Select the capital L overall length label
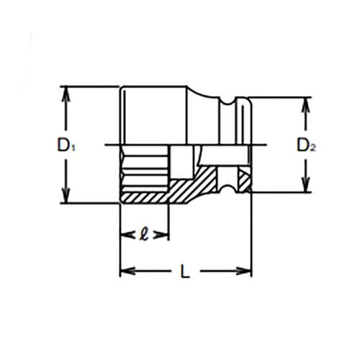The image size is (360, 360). (184, 271)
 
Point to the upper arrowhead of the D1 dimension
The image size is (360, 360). (67, 92)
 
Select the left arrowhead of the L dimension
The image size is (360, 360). (125, 271)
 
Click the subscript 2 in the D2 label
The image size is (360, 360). (313, 148)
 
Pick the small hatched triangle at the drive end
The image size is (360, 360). (246, 179)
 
